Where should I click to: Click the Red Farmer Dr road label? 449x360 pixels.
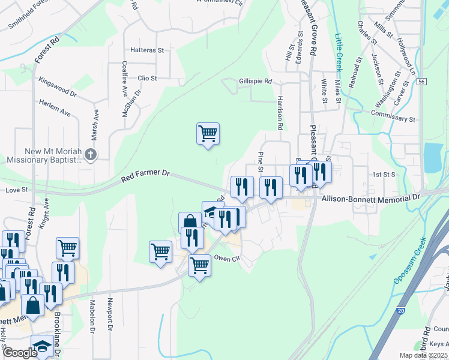146,173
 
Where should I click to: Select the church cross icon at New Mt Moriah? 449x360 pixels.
91,154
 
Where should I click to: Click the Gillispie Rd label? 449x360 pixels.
255,82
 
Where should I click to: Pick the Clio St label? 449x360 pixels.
147,78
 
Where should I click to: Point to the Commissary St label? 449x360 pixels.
393,119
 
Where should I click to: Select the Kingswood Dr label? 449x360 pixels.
57,88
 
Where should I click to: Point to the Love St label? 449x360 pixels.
17,190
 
